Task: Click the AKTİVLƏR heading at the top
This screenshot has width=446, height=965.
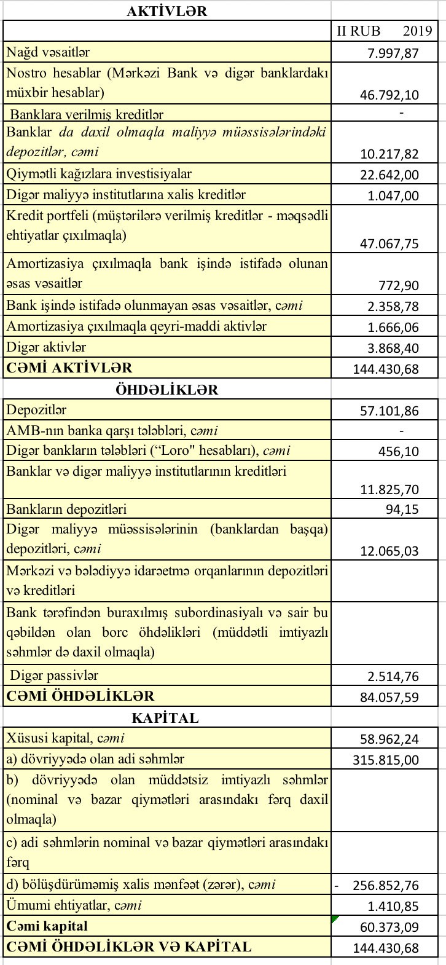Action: (166, 10)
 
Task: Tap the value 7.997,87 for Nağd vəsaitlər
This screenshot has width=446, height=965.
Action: (393, 53)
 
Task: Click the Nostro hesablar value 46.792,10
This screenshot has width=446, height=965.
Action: (389, 95)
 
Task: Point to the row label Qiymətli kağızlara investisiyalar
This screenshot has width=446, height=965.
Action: (99, 175)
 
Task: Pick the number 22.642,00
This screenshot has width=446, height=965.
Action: (389, 175)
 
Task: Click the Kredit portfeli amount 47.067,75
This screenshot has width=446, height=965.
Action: (389, 243)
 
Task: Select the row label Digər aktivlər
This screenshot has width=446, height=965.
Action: (47, 347)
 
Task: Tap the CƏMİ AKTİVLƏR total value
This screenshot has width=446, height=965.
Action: (385, 369)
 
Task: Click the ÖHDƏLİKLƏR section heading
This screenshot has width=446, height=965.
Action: (166, 390)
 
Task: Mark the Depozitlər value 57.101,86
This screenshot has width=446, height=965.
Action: (389, 410)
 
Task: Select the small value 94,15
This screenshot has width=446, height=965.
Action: (402, 510)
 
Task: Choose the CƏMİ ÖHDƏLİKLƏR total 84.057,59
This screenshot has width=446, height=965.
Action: (389, 697)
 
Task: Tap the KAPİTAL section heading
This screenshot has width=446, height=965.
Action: (165, 718)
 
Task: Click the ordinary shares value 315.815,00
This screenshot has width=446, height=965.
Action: (385, 760)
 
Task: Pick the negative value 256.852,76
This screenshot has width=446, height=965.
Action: (385, 885)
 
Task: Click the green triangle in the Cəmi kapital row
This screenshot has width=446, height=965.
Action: (334, 919)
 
